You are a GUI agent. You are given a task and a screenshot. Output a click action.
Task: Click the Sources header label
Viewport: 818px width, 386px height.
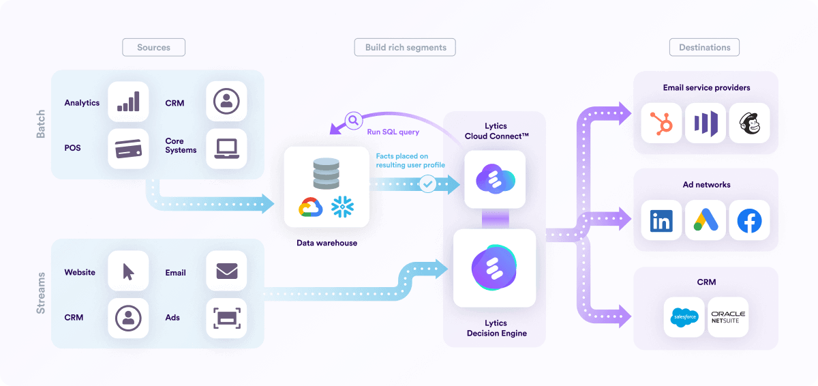tap(153, 47)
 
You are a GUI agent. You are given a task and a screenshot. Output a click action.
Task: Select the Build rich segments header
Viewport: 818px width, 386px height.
tap(405, 47)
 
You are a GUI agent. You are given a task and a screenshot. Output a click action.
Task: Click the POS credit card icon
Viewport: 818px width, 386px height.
tap(128, 149)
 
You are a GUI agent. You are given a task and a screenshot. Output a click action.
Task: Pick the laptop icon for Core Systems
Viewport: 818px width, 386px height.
tap(226, 149)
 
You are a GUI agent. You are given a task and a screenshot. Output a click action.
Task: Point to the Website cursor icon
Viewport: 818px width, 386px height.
tap(128, 271)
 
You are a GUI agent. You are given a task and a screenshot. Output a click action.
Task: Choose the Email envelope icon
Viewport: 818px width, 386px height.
tap(226, 271)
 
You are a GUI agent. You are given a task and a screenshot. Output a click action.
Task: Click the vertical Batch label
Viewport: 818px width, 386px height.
tap(41, 125)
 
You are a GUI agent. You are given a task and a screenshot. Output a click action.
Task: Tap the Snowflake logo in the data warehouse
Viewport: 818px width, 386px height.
tap(343, 207)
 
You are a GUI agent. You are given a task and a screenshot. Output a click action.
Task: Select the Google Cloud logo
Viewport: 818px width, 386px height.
tap(310, 207)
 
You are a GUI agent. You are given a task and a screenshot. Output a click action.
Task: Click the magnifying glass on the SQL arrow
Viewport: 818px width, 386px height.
tap(354, 121)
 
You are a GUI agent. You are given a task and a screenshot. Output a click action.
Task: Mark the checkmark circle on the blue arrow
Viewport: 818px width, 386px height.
tap(428, 183)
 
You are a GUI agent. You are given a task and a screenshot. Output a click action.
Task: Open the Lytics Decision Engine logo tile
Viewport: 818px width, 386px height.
tap(494, 268)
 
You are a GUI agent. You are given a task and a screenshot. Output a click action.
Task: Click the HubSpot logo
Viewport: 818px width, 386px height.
tap(661, 123)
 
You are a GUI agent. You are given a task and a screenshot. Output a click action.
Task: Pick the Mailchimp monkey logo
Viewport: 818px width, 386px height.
tap(748, 123)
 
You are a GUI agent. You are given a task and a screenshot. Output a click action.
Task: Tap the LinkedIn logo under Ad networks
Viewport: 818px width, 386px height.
tap(661, 220)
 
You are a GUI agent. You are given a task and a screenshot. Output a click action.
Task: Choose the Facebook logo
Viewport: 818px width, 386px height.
tap(748, 220)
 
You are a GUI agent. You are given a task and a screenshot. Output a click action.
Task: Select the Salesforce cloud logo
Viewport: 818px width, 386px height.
tap(684, 317)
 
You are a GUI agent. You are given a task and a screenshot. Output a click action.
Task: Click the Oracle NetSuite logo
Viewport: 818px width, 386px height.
tap(728, 317)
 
